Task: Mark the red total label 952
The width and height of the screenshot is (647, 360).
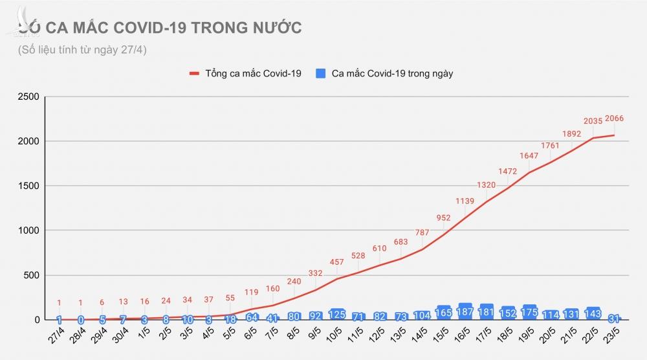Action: pyautogui.click(x=443, y=218)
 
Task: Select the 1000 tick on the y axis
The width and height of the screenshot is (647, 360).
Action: pyautogui.click(x=28, y=231)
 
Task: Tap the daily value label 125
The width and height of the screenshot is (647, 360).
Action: pyautogui.click(x=336, y=315)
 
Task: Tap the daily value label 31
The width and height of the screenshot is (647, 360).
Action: pyautogui.click(x=614, y=318)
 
